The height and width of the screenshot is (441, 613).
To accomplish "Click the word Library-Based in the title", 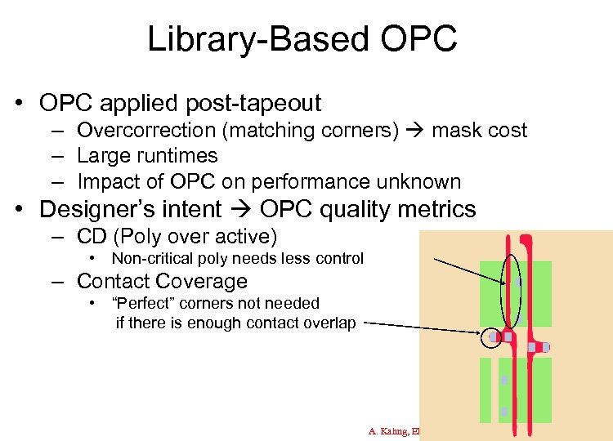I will tap(250, 38).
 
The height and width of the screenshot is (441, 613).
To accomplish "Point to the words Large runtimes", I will tap(147, 156).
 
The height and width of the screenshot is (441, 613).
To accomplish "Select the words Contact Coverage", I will tap(162, 282).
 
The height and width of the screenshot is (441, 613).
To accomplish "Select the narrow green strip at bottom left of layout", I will tap(485, 390).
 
